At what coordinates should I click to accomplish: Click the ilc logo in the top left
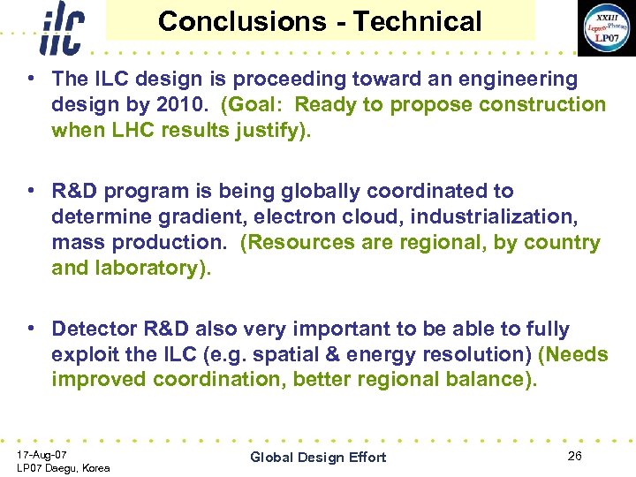(62, 28)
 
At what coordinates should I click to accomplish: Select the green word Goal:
(257, 105)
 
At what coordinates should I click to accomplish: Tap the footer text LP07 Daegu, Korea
(64, 467)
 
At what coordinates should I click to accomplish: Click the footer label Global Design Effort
(318, 457)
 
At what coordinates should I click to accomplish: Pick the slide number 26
(575, 455)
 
